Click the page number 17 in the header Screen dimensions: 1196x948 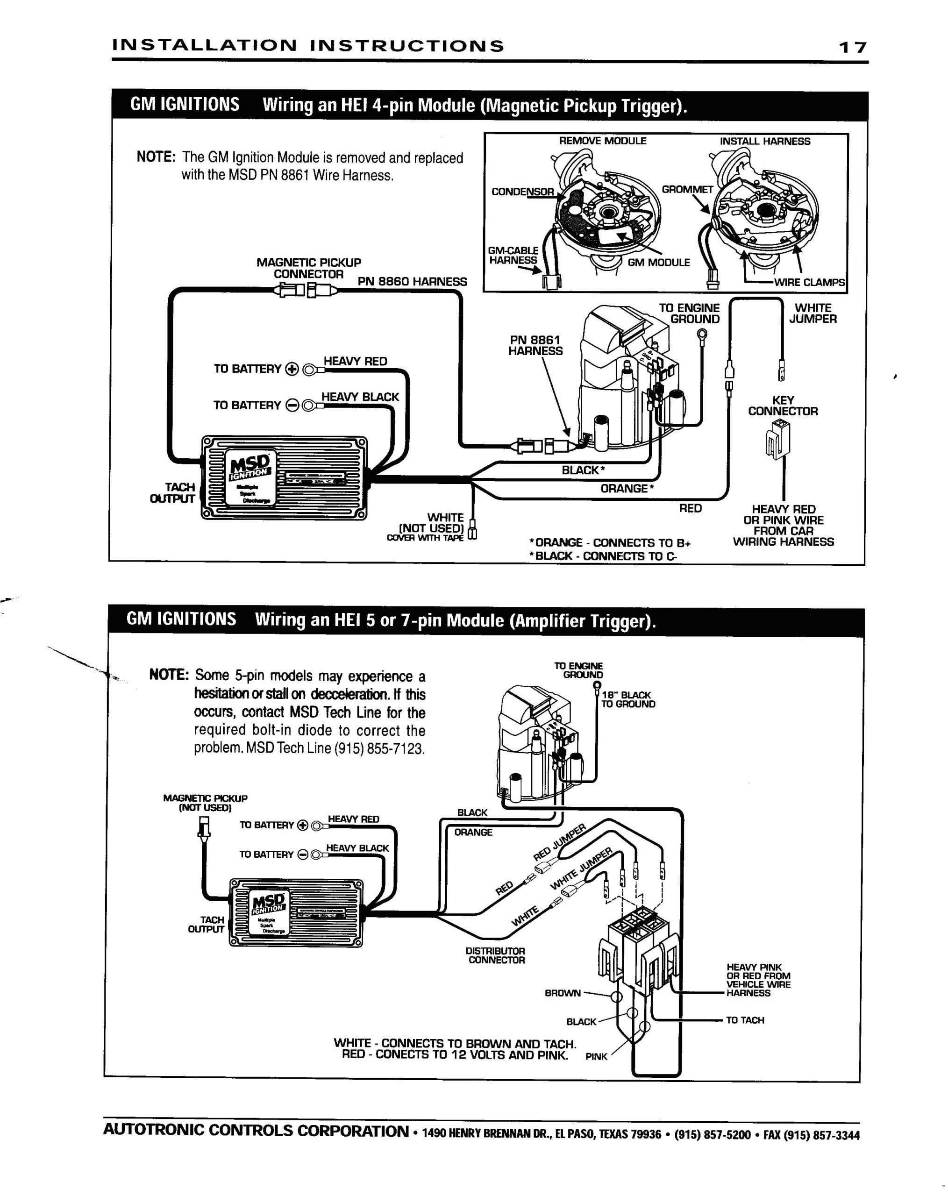[852, 47]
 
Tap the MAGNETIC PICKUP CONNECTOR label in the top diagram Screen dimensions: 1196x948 [308, 268]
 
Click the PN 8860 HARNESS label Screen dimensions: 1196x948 [412, 281]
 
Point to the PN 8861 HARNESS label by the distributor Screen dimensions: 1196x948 [535, 345]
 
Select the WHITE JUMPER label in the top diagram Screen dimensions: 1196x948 [812, 313]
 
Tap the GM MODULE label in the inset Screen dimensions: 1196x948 [658, 263]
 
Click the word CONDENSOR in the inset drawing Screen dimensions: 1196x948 [522, 192]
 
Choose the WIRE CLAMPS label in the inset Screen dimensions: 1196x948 [809, 282]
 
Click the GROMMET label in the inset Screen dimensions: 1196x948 [687, 189]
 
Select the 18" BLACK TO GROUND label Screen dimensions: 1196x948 [627, 699]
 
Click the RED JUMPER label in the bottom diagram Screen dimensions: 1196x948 [559, 841]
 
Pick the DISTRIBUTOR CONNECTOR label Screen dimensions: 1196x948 [496, 955]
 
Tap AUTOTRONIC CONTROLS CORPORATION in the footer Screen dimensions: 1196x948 [256, 1131]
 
